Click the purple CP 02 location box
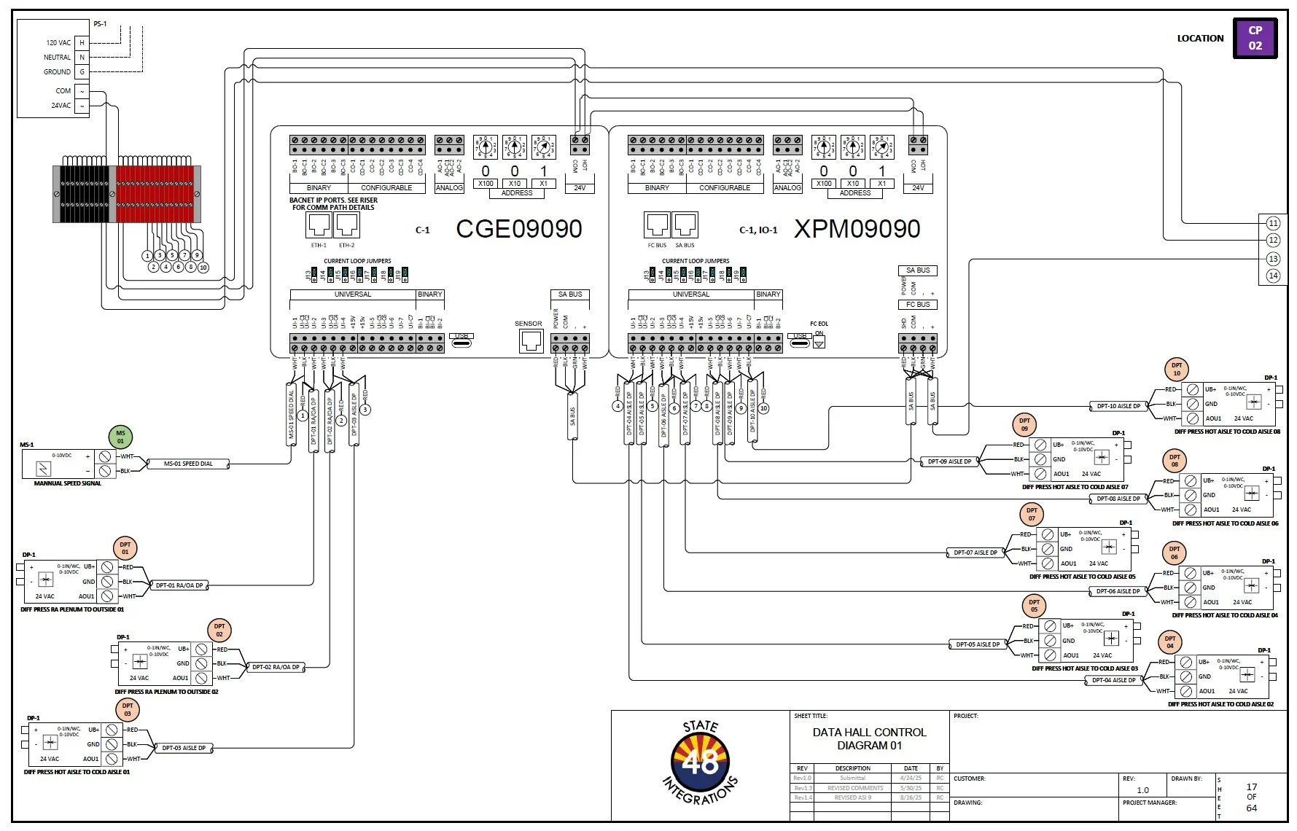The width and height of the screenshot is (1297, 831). (x=1255, y=38)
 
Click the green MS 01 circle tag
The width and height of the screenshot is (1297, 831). (x=120, y=437)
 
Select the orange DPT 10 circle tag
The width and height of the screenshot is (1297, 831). (x=1176, y=369)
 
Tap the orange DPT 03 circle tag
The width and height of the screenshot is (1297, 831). (x=128, y=709)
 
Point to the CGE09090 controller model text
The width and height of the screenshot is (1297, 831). (x=518, y=229)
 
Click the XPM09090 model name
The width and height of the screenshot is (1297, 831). (x=857, y=229)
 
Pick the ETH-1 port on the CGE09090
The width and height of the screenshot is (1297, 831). (x=319, y=225)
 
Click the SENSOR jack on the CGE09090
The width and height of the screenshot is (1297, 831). (x=531, y=340)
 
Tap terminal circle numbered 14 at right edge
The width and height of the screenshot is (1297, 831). (x=1273, y=276)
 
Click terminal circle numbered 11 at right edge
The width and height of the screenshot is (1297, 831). (x=1273, y=223)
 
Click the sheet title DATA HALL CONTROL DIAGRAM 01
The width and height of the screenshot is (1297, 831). (x=869, y=738)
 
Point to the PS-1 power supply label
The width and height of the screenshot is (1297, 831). (x=100, y=24)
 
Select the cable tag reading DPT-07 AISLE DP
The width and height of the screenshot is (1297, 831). (x=975, y=553)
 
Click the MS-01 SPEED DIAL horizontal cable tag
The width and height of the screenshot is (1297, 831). (x=188, y=464)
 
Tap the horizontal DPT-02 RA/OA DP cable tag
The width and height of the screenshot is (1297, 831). (x=276, y=667)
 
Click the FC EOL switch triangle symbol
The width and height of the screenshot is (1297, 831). (x=819, y=343)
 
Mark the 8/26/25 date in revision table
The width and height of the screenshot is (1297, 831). (x=911, y=797)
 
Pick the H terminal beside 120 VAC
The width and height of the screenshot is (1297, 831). (x=82, y=43)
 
